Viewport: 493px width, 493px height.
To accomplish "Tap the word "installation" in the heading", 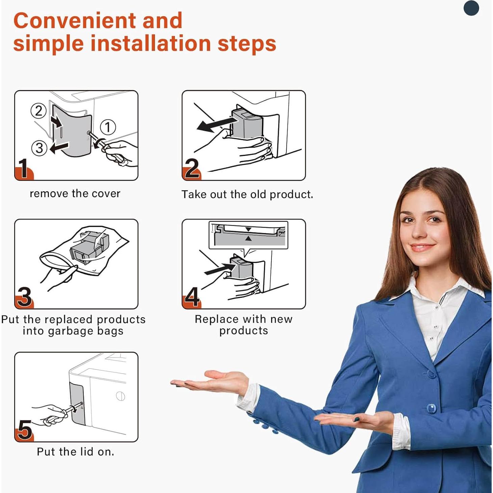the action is pos(151,43).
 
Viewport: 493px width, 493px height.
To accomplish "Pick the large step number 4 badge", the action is pos(191,297).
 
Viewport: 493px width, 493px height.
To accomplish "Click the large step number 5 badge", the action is pos(24,430).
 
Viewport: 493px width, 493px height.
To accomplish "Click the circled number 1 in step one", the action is pos(108,127).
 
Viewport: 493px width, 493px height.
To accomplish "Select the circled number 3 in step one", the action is pos(39,148).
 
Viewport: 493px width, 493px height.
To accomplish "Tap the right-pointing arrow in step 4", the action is pos(219,269).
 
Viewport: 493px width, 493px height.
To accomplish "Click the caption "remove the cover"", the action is pos(75,194).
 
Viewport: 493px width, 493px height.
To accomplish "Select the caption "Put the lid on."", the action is pos(76,452).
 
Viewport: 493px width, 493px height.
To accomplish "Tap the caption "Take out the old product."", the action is pos(247,194).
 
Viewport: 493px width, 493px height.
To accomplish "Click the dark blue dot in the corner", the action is pos(471,8).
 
